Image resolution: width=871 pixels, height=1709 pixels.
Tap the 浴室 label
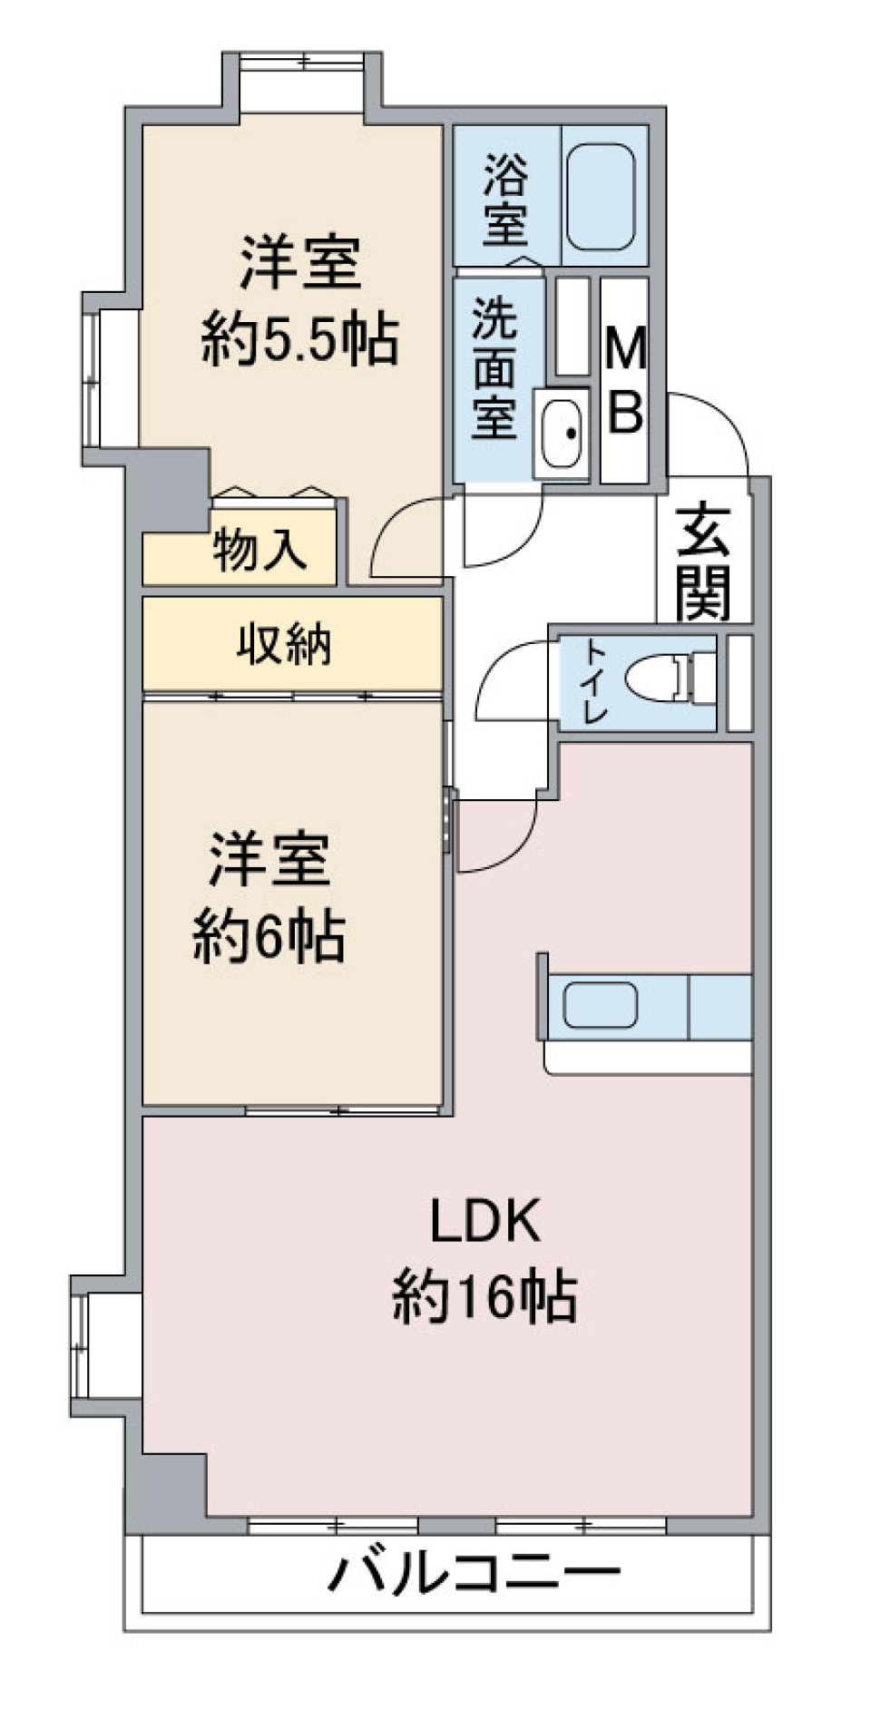(x=504, y=200)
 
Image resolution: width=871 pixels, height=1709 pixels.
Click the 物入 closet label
(x=259, y=550)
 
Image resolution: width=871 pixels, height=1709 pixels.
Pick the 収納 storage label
(x=284, y=645)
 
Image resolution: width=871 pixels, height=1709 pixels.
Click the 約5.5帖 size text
(x=299, y=341)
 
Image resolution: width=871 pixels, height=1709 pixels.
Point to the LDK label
(x=484, y=1220)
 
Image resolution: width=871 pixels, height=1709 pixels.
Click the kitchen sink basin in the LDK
(x=599, y=1005)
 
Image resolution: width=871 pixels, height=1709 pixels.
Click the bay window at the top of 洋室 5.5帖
(x=302, y=62)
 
